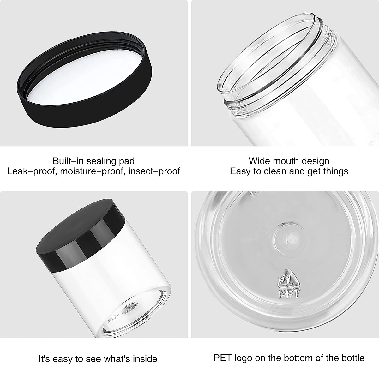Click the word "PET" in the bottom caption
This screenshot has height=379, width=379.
tap(223, 358)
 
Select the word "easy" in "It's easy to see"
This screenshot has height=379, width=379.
tap(63, 359)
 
